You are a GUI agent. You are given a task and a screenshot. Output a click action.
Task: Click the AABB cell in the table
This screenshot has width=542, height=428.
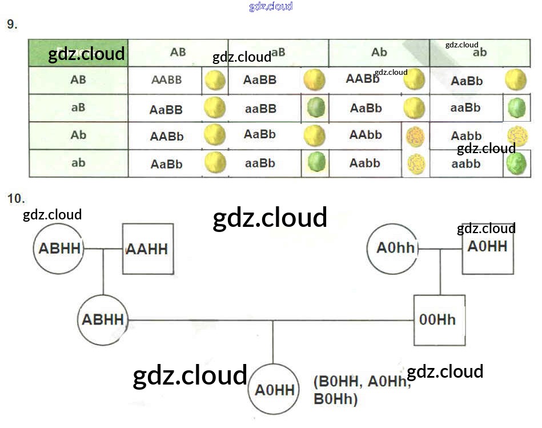166,81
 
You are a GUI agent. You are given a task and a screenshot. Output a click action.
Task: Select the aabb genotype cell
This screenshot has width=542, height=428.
466,164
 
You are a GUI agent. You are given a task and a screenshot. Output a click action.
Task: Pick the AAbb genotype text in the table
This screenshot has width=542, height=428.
366,135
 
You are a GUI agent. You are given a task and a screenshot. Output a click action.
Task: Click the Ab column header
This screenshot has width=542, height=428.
379,53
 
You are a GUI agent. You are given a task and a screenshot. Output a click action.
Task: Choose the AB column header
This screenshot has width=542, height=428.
178,53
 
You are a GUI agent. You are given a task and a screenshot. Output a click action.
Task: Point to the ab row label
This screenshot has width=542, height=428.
78,163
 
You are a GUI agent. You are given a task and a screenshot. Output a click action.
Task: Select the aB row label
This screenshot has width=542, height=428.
78,107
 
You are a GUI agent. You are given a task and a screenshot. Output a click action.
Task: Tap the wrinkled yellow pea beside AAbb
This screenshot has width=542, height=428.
415,137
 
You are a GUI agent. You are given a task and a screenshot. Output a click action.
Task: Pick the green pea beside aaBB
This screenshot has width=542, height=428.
316,108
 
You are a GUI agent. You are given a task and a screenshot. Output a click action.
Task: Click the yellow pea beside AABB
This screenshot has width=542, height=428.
215,81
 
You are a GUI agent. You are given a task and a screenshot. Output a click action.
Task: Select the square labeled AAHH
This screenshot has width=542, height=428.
148,249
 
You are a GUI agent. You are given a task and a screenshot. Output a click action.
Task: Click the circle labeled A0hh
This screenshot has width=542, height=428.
392,248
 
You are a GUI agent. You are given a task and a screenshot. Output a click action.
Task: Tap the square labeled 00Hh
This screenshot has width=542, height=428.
438,320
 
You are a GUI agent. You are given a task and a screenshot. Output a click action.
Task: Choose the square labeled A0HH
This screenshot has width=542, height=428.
487,247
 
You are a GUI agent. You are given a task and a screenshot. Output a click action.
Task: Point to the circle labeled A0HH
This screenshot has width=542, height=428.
275,390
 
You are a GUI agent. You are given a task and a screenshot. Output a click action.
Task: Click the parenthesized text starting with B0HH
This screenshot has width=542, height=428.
362,390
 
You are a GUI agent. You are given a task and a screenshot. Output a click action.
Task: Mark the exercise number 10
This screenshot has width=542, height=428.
15,199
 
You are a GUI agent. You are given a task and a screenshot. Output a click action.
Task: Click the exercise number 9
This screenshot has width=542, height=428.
12,25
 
